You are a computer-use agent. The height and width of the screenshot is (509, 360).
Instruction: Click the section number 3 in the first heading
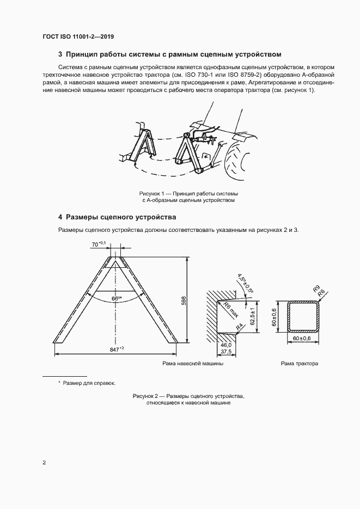(60, 54)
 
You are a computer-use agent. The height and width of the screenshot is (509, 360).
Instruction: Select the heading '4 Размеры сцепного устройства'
(117, 217)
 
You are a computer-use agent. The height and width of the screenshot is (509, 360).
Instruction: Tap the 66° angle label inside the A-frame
(115, 298)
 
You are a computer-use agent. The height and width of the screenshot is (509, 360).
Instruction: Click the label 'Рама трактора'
(299, 363)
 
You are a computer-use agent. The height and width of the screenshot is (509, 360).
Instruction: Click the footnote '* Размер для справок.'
(87, 383)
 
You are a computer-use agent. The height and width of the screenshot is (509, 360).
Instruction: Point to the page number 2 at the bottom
(44, 463)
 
